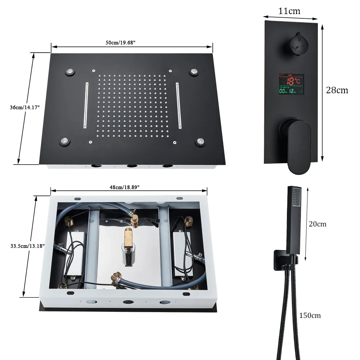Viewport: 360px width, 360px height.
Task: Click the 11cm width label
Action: (x=289, y=11)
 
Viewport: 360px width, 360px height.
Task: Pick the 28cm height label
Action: (x=337, y=90)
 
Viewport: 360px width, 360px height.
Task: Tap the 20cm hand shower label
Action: (x=318, y=224)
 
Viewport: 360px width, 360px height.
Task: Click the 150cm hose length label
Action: (x=310, y=316)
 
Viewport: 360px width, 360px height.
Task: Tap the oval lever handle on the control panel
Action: (x=298, y=146)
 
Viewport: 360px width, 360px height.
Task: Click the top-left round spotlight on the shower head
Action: (x=70, y=71)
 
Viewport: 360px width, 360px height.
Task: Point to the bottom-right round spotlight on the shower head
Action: (x=200, y=141)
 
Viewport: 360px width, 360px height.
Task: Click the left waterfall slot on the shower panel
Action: (x=86, y=105)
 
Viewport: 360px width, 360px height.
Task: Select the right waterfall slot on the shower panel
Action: (x=178, y=105)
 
